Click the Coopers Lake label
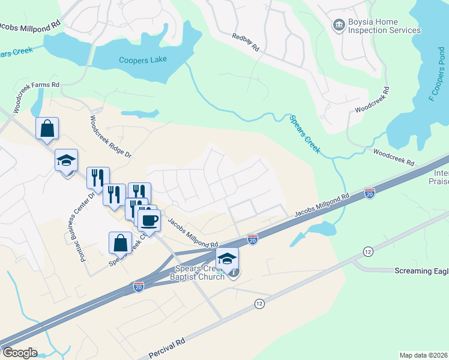tap(142, 59)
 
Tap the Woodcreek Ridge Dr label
tap(110, 136)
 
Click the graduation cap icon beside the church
tap(227, 259)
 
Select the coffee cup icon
tap(149, 220)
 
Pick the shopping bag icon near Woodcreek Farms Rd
tap(47, 128)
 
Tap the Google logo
tap(19, 353)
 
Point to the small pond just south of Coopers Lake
tap(140, 113)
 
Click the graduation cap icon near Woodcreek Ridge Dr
tap(66, 160)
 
